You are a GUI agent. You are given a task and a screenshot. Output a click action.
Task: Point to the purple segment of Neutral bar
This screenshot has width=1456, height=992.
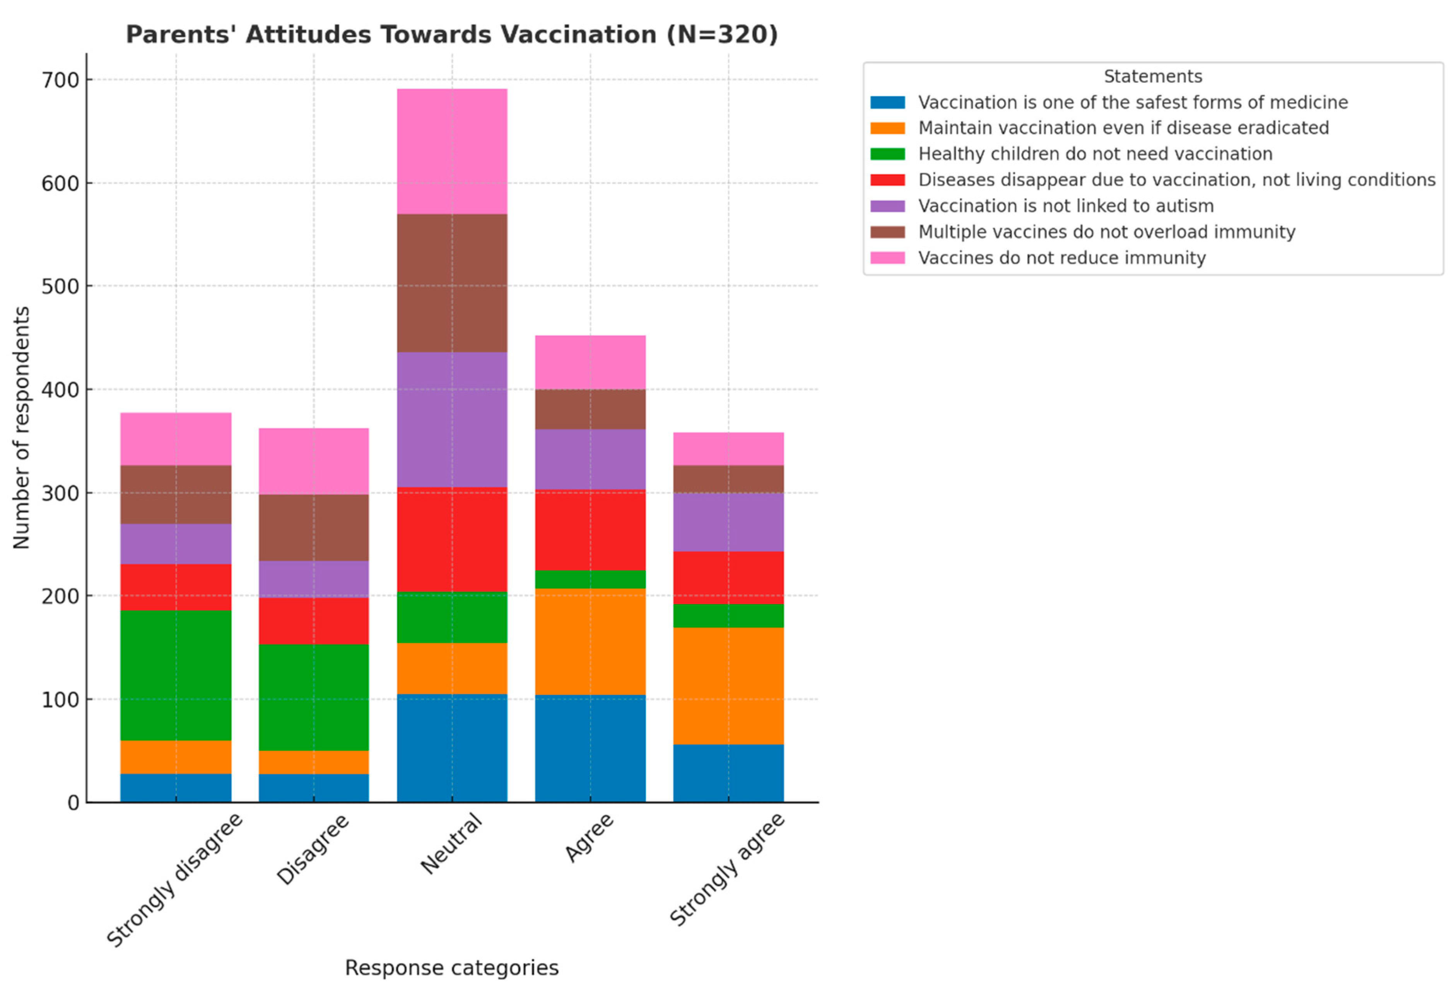[452, 419]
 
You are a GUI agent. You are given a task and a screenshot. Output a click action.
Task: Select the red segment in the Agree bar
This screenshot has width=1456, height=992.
[590, 530]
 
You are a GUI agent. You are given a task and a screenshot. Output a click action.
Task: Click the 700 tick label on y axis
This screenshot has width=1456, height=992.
[61, 80]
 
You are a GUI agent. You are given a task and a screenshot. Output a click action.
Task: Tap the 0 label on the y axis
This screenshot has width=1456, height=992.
[73, 803]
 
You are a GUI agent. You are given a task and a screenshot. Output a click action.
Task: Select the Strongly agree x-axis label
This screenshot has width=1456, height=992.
[727, 869]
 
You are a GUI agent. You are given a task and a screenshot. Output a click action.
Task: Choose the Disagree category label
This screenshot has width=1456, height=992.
[313, 849]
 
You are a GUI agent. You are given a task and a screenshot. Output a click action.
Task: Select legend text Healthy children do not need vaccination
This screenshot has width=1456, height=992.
[1095, 154]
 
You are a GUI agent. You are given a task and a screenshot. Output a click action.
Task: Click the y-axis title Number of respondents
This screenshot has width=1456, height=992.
[21, 428]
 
